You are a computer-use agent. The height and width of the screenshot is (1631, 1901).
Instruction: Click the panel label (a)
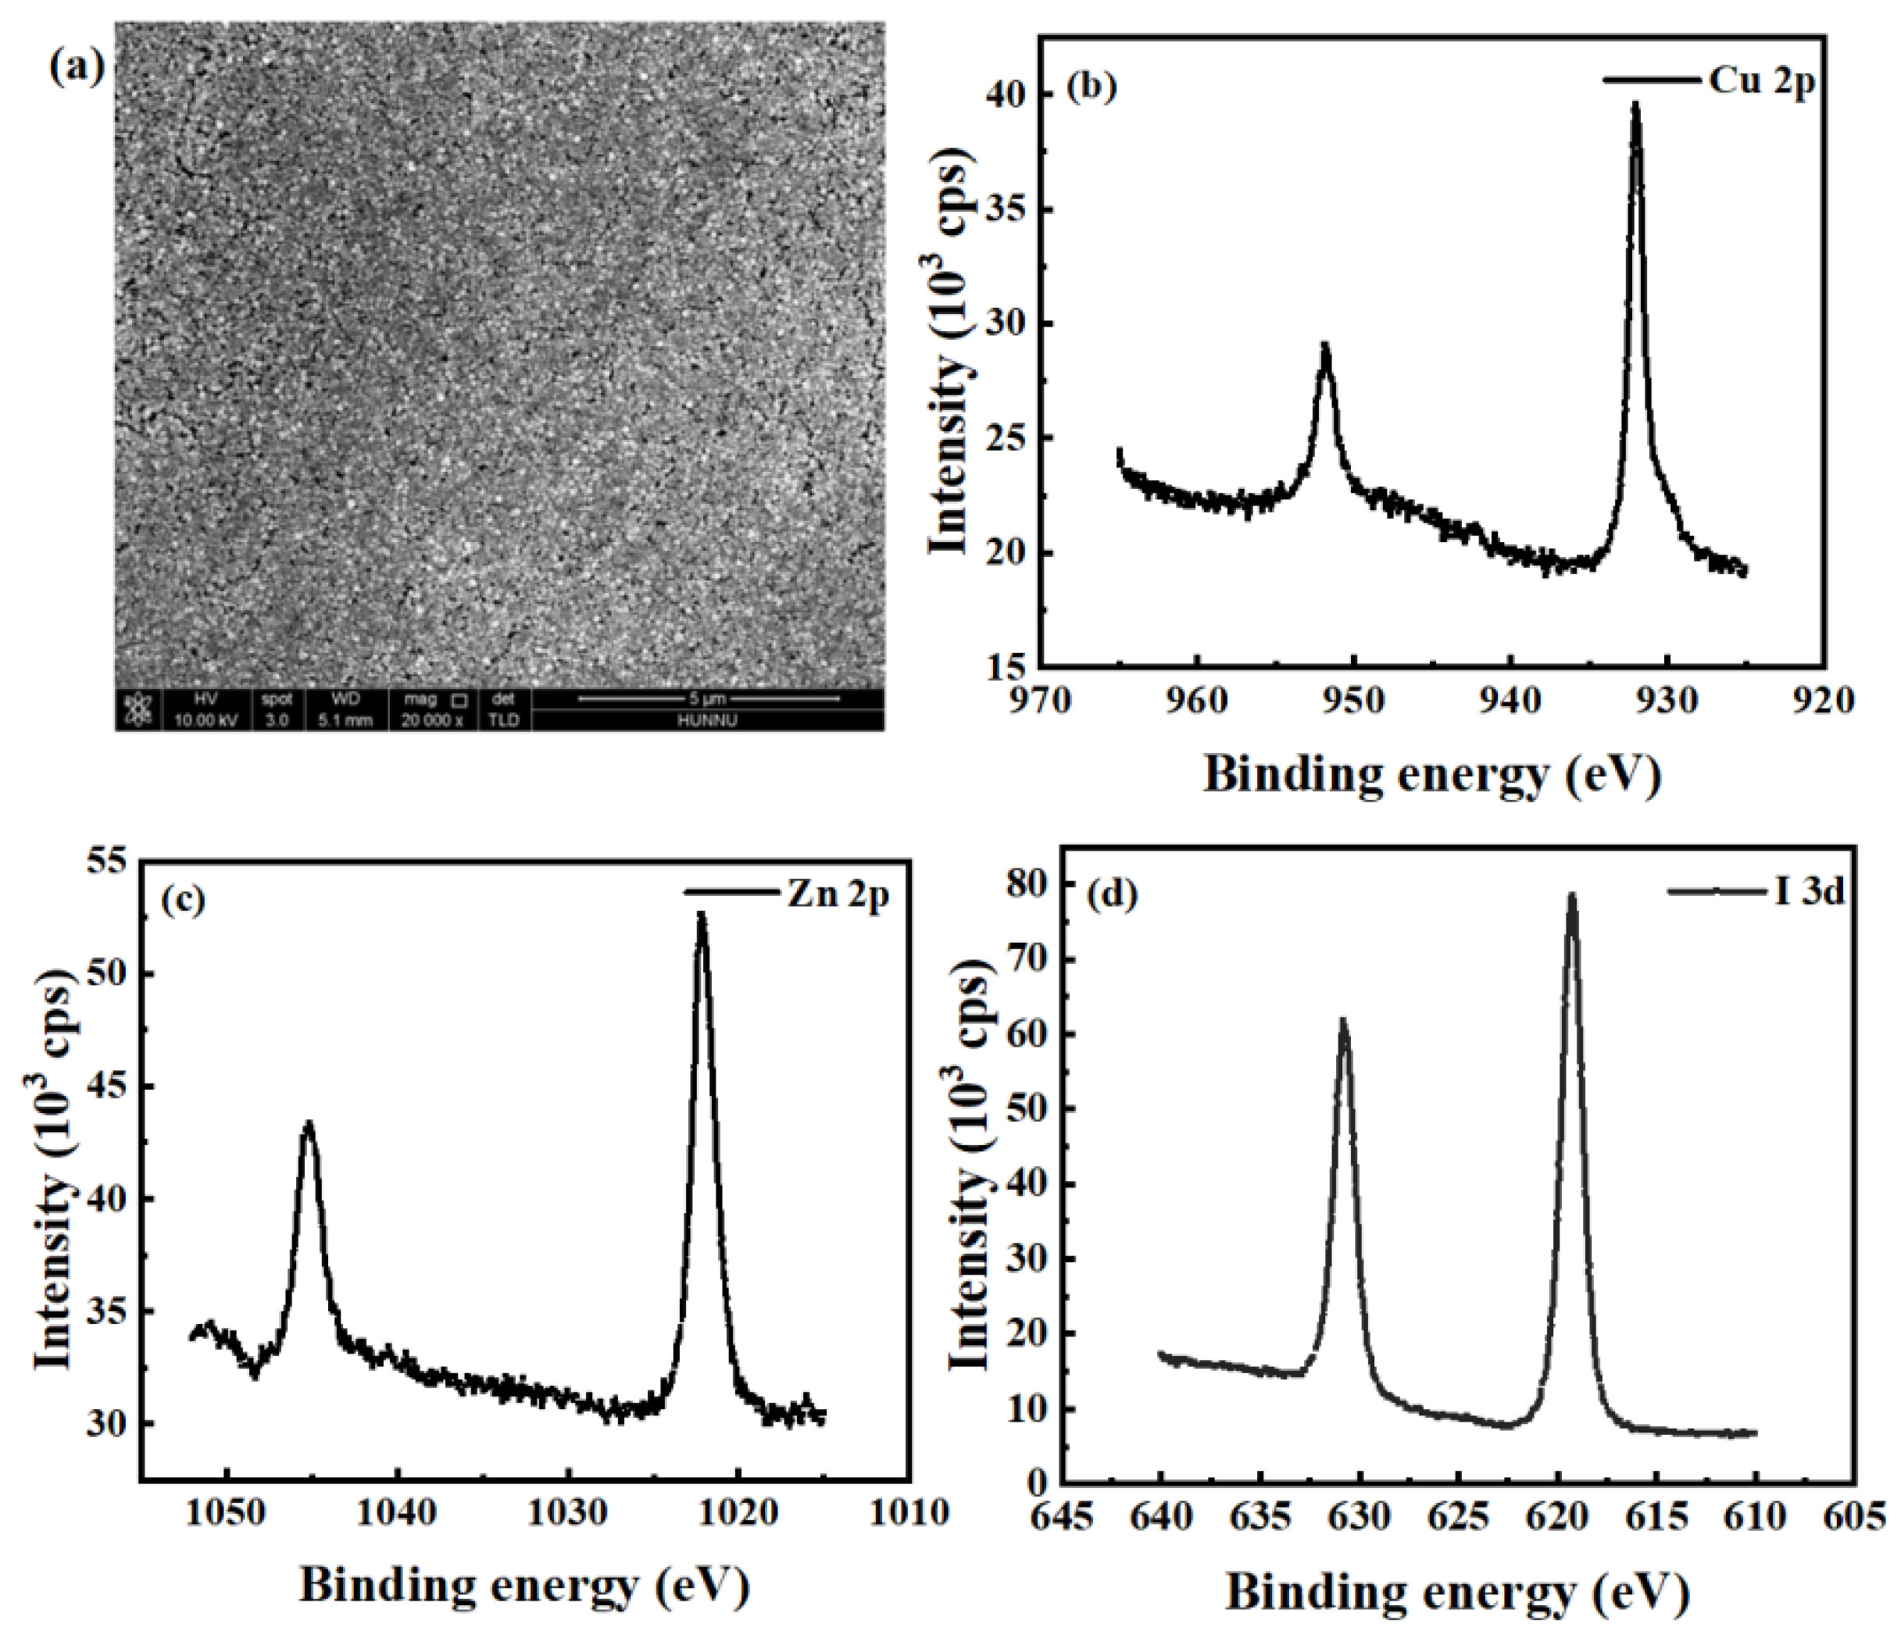[77, 67]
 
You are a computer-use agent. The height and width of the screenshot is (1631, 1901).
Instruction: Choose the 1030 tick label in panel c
[567, 1511]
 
